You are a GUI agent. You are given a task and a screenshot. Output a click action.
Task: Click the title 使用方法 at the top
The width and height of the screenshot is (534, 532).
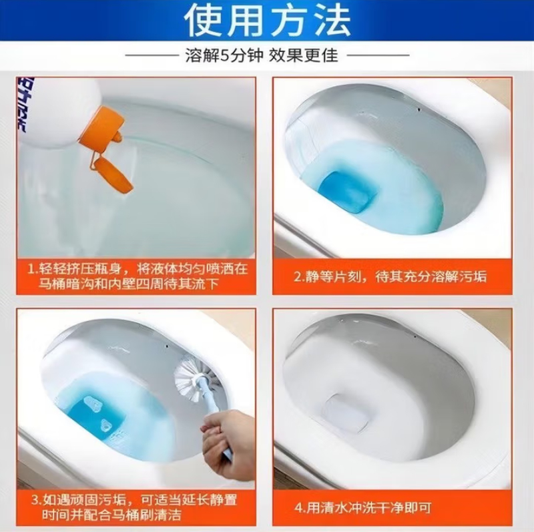[x=268, y=21]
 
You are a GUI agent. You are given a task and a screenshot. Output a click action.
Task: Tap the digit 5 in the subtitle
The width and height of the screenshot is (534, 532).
[x=224, y=55]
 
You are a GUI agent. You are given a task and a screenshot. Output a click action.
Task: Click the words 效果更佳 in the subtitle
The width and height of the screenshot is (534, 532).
[x=304, y=55]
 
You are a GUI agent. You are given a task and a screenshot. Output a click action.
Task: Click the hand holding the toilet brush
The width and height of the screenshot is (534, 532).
[x=228, y=439]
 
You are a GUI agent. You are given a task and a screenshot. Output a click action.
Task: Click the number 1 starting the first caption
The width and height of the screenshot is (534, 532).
[x=31, y=270]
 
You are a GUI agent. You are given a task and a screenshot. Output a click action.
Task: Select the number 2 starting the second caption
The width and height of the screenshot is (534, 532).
[x=298, y=277]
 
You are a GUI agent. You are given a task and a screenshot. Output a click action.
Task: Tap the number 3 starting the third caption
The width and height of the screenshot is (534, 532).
[x=35, y=501]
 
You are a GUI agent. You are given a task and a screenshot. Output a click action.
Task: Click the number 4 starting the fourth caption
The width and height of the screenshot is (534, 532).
[x=298, y=508]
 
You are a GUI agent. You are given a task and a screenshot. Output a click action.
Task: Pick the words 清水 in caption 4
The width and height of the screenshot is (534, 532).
[x=333, y=508]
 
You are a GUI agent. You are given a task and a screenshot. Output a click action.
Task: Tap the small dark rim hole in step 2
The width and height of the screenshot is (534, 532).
[x=419, y=109]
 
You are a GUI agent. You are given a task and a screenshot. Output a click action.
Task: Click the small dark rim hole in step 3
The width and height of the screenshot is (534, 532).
[x=166, y=346]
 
